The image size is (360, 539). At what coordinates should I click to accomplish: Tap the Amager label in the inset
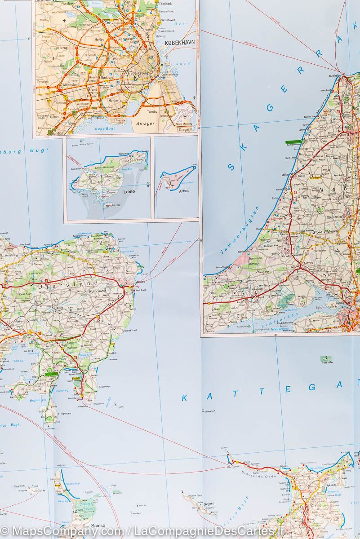pos(144,123)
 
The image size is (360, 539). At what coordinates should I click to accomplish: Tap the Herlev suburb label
pos(98,40)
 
